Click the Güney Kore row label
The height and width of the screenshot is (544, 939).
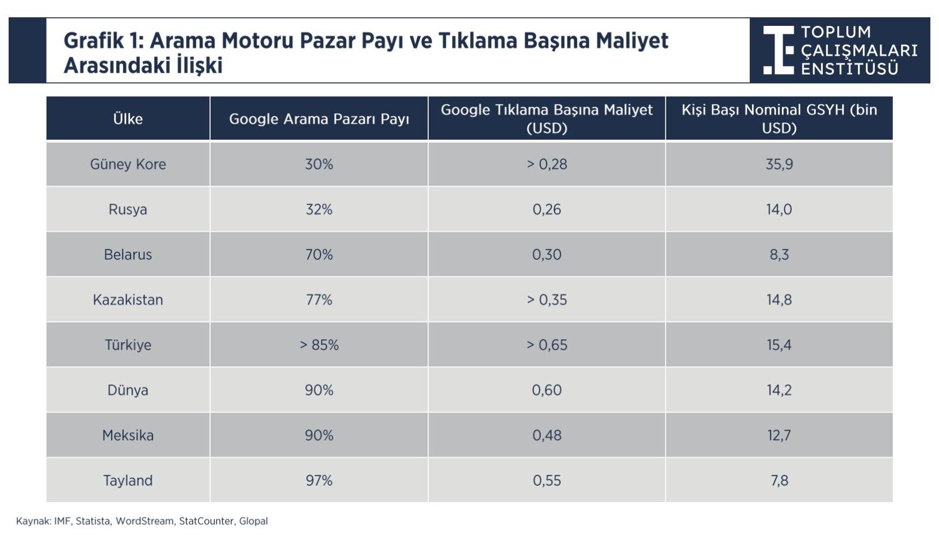(128, 164)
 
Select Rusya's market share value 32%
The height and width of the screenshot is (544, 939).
(319, 209)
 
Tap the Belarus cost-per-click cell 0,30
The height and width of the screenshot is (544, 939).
(547, 255)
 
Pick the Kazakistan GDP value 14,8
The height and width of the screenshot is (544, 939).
(778, 300)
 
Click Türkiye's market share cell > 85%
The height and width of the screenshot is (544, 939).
(319, 345)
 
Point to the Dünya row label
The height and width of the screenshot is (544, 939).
(128, 390)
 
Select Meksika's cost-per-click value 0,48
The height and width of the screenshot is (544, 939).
(547, 435)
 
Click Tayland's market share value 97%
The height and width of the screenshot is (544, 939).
(319, 481)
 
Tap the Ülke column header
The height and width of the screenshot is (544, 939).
(128, 119)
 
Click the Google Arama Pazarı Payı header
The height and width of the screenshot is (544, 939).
(319, 119)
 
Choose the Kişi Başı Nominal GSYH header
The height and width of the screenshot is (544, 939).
(779, 118)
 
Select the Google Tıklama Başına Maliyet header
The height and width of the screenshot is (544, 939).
(547, 118)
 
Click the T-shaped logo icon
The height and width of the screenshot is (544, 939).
(778, 50)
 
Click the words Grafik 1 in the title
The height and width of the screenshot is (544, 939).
(103, 41)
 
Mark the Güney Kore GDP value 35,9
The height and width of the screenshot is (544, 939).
(779, 164)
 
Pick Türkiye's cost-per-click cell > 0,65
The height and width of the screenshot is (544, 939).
(547, 345)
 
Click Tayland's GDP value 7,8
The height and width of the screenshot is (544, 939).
(779, 481)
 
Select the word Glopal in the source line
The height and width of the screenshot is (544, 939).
(254, 521)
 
